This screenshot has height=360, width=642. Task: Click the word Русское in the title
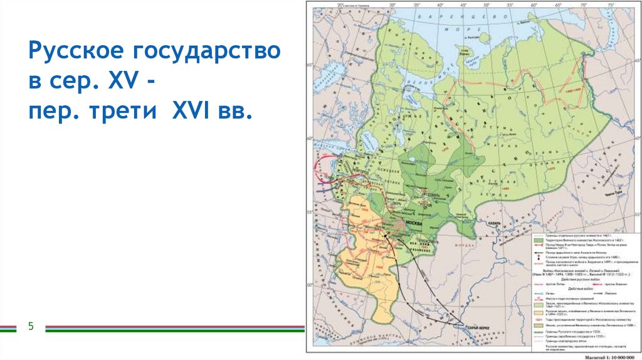click(x=68, y=52)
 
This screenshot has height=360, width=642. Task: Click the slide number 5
click(x=30, y=326)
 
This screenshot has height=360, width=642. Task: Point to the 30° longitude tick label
click(x=393, y=6)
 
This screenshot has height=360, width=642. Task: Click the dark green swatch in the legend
click(x=537, y=240)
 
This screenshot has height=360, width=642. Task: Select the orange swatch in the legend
click(x=537, y=311)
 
